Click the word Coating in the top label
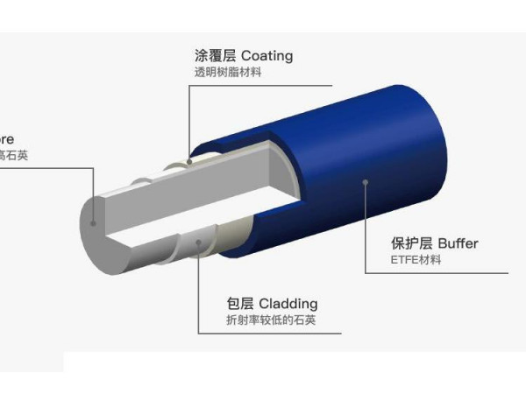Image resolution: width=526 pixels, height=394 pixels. tap(267, 56)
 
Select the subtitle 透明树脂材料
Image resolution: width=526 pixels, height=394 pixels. tap(228, 73)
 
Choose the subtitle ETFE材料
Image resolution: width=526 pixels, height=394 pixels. tap(416, 260)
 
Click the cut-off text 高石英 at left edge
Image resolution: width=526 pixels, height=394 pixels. tap(13, 156)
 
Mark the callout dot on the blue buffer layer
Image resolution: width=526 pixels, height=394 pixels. tap(365, 182)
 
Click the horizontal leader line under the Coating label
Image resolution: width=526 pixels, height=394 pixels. tap(263, 85)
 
